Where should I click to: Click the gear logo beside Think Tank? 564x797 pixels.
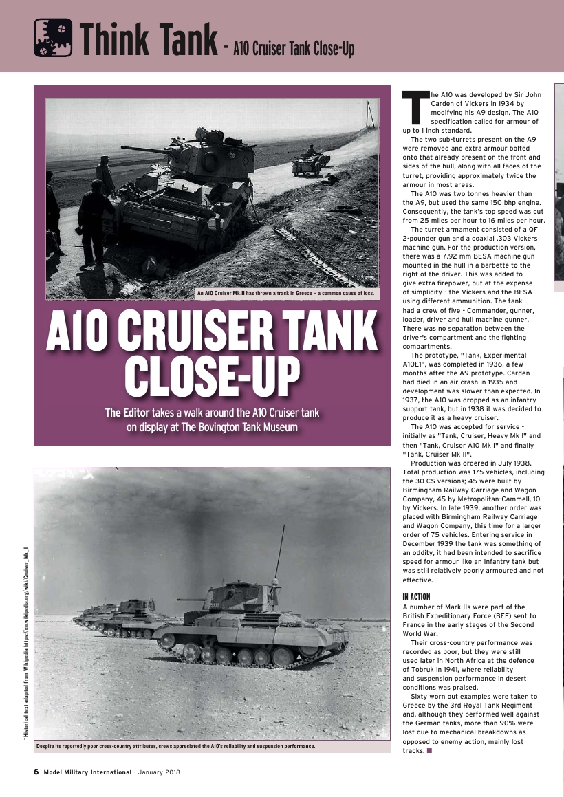tap(53, 38)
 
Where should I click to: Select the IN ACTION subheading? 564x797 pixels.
tap(415, 596)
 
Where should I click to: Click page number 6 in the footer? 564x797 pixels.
tap(36, 772)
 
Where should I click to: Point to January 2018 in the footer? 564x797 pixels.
tap(159, 772)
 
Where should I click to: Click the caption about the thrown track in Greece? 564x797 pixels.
tap(285, 294)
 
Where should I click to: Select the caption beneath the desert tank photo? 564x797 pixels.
tap(175, 746)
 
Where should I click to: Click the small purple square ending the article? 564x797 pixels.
tap(429, 750)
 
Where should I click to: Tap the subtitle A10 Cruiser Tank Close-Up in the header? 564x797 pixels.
tap(294, 49)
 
